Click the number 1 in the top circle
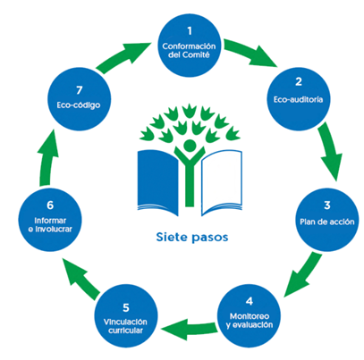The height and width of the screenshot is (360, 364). [x=190, y=31]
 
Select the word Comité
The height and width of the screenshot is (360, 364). [x=196, y=54]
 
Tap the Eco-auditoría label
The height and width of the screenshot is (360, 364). [x=298, y=99]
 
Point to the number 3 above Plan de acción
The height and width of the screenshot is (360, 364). [x=327, y=205]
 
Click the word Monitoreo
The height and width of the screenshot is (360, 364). [x=250, y=316]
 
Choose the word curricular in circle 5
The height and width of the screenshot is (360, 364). [x=125, y=331]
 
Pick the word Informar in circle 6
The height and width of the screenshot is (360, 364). [x=50, y=221]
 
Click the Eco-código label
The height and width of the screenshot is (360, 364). [x=79, y=105]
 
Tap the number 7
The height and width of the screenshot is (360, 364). [x=79, y=90]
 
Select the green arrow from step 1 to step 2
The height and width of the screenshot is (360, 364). [x=249, y=53]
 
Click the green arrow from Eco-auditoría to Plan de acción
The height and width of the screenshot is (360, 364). [x=330, y=151]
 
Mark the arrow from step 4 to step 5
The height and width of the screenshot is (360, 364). [x=189, y=329]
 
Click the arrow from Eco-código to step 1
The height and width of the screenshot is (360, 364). [x=123, y=57]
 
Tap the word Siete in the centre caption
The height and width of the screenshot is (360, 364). [x=171, y=237]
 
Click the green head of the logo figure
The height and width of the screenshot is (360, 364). [x=190, y=146]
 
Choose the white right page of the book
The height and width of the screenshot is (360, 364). [x=222, y=181]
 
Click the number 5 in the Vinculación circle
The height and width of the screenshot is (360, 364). [x=126, y=307]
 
